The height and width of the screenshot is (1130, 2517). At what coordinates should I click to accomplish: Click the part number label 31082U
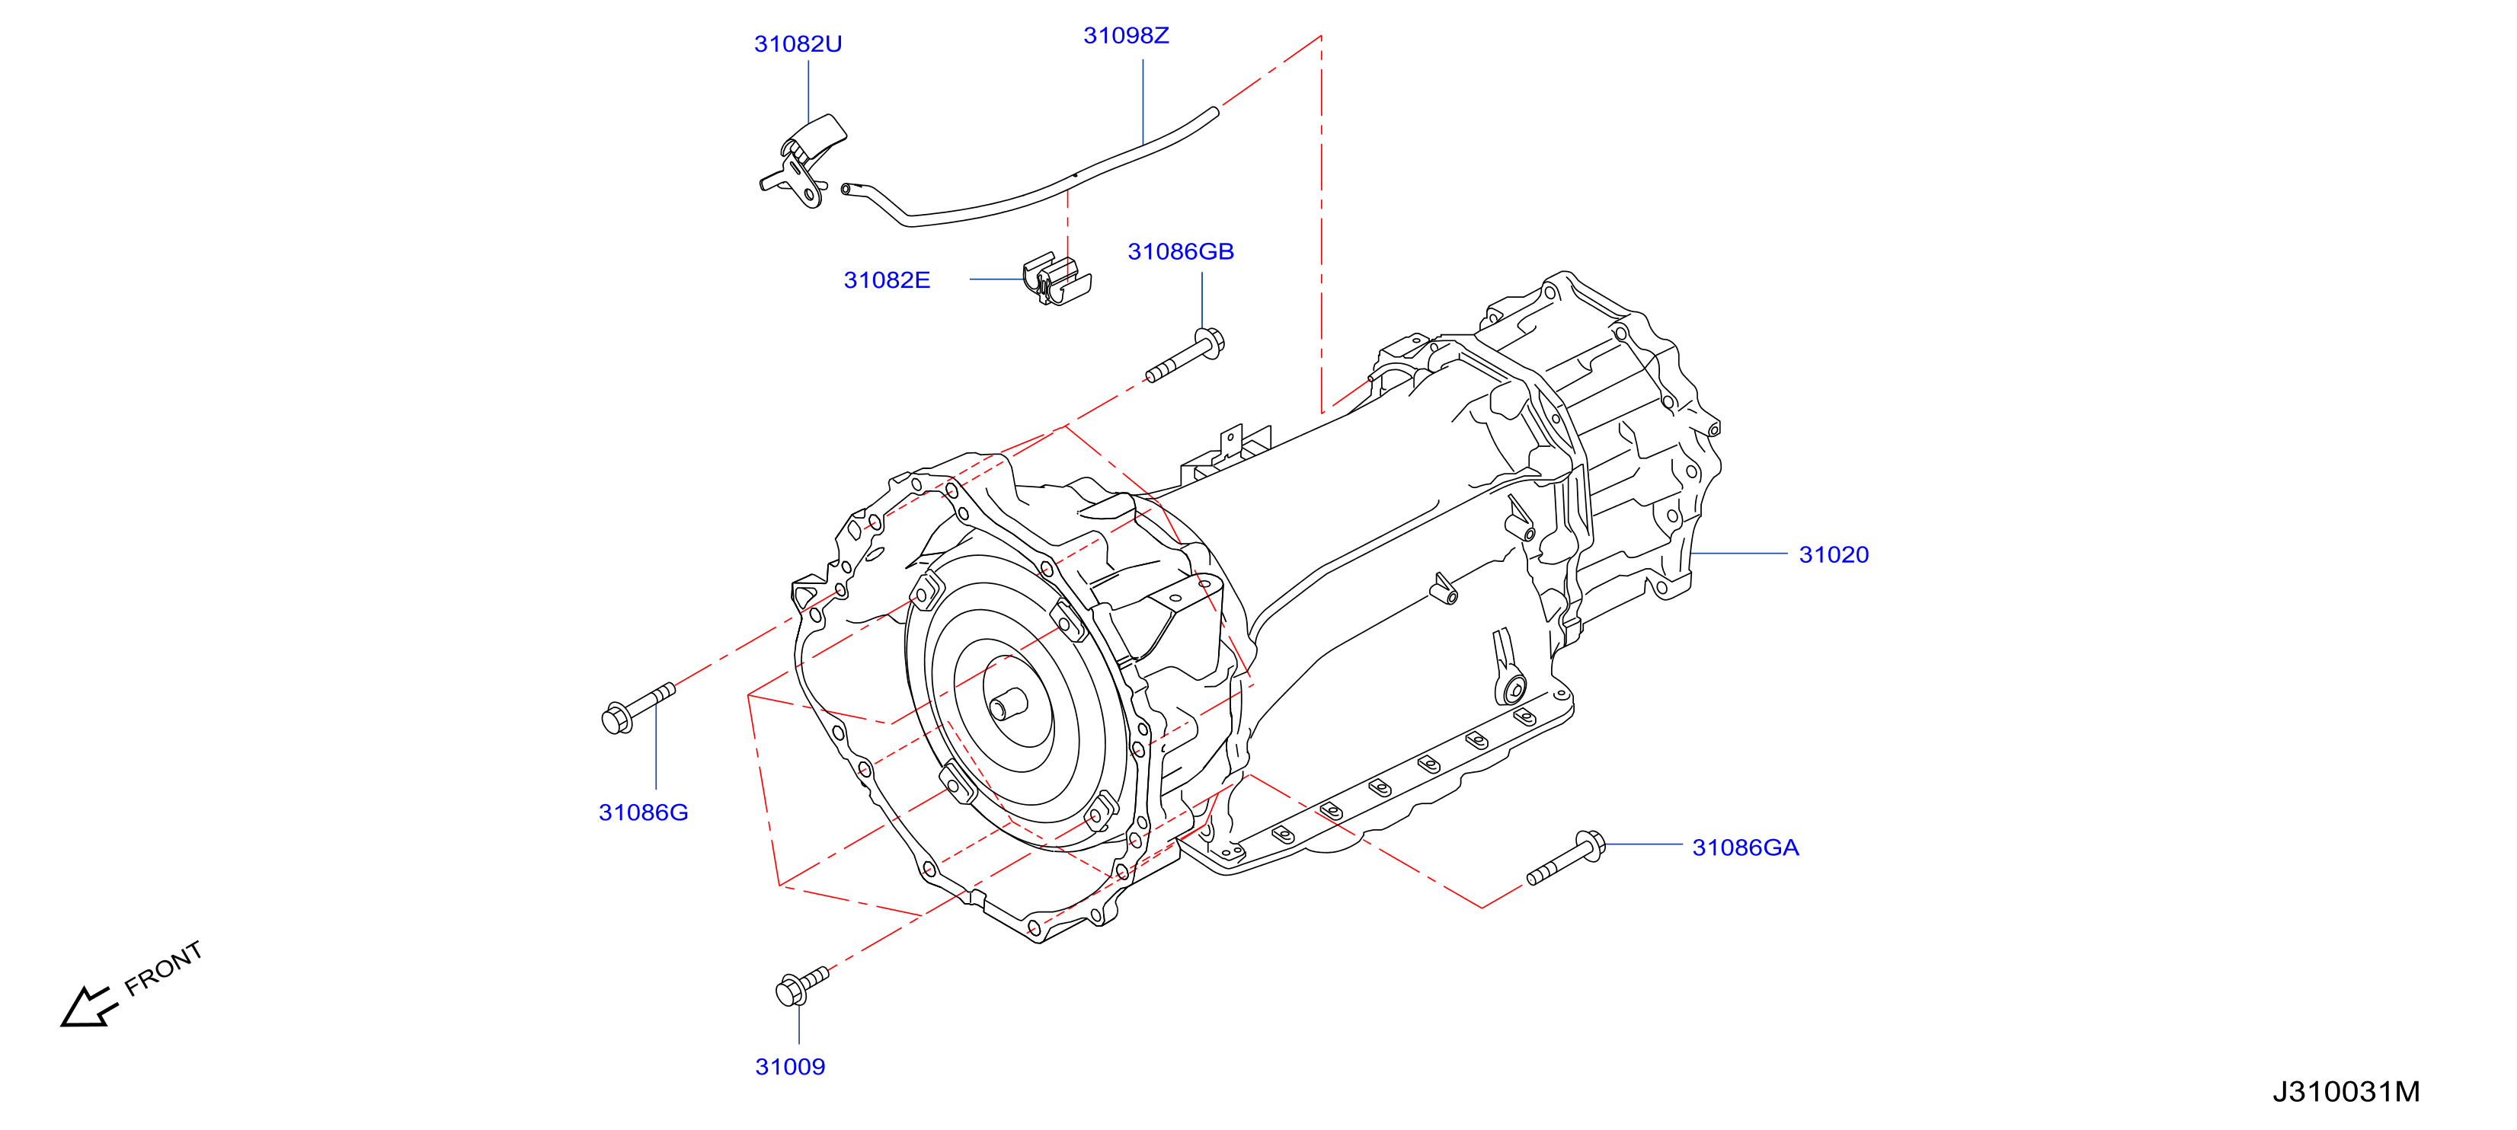tap(798, 44)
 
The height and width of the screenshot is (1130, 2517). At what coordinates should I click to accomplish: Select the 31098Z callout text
tap(1126, 35)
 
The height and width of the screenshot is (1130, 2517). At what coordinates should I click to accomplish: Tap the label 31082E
tap(886, 280)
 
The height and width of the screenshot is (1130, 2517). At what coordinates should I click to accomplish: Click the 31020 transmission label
tap(1833, 555)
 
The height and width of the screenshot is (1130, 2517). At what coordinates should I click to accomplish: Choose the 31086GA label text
tap(1745, 847)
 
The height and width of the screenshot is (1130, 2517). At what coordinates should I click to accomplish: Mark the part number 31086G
tap(643, 812)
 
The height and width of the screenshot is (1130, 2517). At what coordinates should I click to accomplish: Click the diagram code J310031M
tap(2346, 1092)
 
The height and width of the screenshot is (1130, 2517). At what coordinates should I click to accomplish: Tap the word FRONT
tap(163, 968)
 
